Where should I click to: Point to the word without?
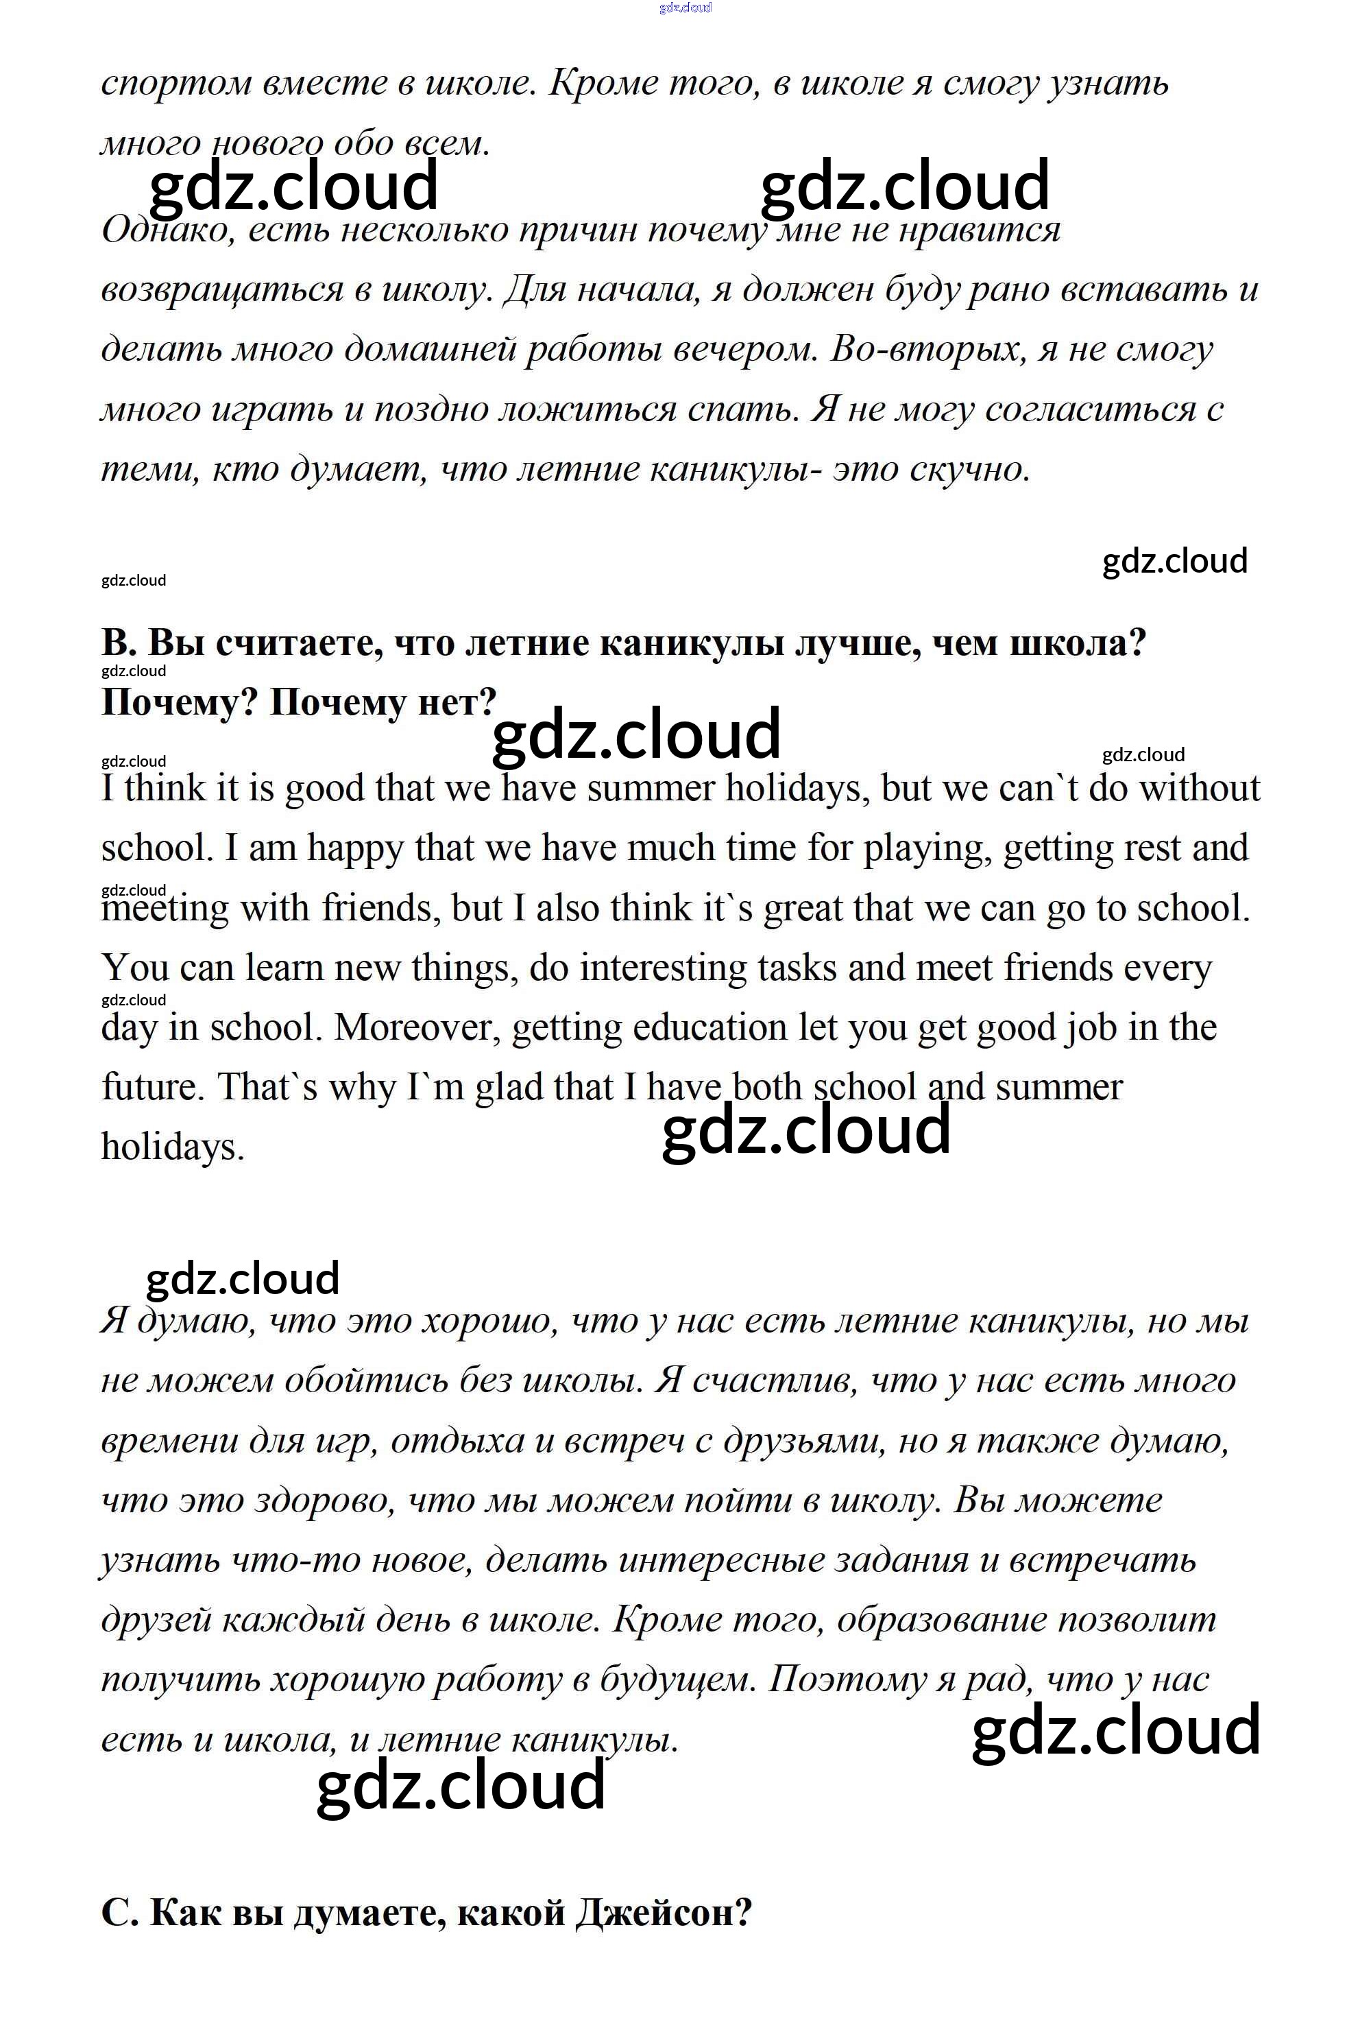pos(1200,789)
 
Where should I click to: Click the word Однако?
pos(167,231)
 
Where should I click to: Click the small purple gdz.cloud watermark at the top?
pos(685,8)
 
